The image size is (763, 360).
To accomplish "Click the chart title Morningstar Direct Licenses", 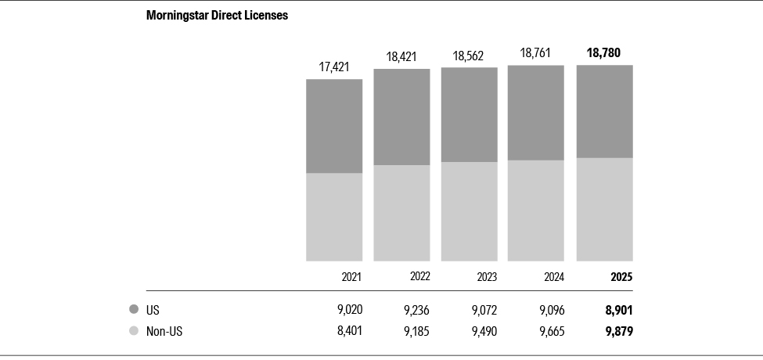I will [217, 16].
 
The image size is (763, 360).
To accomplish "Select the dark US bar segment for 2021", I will [334, 126].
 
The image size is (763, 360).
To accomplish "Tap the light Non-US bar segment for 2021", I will [334, 217].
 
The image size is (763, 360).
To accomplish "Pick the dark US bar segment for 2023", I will [470, 114].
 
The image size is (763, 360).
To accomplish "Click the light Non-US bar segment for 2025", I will [605, 209].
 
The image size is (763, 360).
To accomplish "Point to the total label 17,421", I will [334, 67].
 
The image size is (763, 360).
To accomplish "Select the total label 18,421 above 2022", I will [401, 56].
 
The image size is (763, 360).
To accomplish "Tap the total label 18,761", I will [536, 52].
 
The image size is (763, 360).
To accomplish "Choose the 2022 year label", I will [419, 276].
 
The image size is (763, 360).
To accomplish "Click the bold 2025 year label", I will [621, 277].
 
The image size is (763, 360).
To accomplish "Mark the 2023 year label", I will [487, 277].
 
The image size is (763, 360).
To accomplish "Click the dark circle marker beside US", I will [134, 310].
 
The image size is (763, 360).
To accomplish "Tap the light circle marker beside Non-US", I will [134, 331].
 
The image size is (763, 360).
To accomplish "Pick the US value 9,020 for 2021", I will [349, 310].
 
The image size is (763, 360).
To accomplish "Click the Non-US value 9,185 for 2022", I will [416, 331].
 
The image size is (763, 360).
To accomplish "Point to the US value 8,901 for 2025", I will [618, 310].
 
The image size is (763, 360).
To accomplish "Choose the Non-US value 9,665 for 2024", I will [551, 331].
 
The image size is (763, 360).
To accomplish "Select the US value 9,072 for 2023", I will [484, 310].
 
